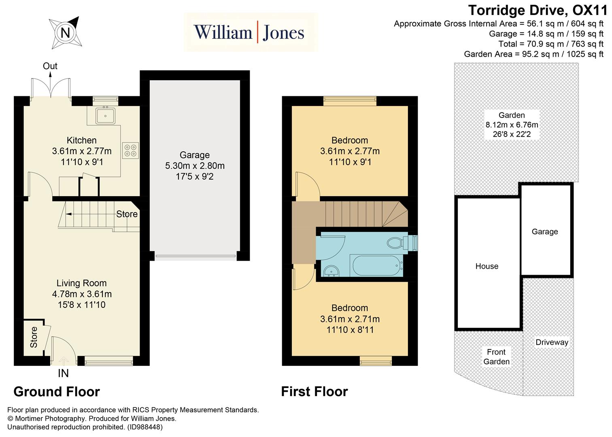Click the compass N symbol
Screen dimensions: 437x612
tap(65, 32)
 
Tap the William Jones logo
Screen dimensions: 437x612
tap(249, 32)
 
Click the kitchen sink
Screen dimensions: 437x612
tap(105, 116)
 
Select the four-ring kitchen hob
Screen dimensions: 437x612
tap(130, 150)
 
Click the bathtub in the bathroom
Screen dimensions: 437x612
tap(376, 265)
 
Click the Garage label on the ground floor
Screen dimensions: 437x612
tap(195, 155)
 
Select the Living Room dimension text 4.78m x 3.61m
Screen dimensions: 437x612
tap(82, 294)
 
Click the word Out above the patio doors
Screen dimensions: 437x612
tap(50, 66)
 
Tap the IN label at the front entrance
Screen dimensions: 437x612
tap(63, 373)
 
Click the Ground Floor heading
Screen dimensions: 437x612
tap(57, 392)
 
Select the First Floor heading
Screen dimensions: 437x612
tap(314, 392)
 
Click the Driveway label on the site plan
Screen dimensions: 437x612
tap(552, 342)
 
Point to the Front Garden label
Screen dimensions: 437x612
tap(496, 357)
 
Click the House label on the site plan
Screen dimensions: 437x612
tap(487, 266)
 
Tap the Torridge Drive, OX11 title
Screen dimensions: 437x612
tap(538, 10)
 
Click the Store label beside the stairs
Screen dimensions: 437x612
tap(127, 214)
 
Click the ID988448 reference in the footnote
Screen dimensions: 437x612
tap(145, 427)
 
